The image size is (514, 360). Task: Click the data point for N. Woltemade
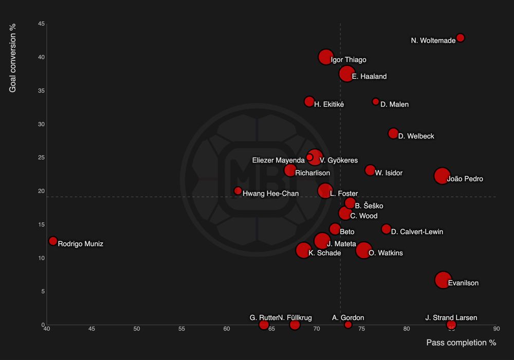coord(461,38)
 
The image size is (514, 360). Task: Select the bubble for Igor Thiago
coord(325,57)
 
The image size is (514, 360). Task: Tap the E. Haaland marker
coord(347,74)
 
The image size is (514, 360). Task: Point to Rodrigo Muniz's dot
coord(53,241)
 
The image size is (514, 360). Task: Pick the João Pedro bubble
coord(442,176)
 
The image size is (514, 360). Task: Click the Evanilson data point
coord(443,280)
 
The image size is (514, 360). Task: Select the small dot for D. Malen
coord(376,102)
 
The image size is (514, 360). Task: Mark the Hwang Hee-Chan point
coord(238,191)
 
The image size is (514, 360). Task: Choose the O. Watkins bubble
coord(363,250)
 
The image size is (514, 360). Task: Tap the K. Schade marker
coord(303,250)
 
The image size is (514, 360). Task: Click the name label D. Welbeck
coord(416,136)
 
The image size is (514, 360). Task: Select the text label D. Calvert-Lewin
coord(417,232)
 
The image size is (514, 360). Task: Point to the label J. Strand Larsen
coord(451,318)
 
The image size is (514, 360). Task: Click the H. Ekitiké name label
coord(329,104)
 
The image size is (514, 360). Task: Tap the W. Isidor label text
coord(389,173)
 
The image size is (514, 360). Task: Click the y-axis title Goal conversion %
coord(13,58)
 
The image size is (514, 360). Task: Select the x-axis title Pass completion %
coord(461,343)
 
